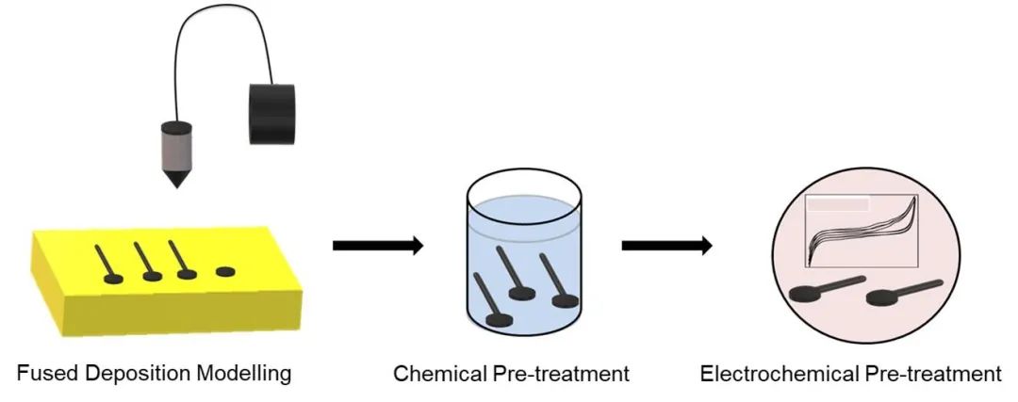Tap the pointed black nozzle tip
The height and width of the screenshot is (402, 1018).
tap(174, 177)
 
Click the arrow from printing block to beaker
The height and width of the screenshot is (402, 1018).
tap(377, 246)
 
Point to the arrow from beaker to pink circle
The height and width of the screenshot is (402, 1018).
tap(665, 246)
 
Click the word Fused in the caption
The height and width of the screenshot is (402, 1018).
tap(42, 373)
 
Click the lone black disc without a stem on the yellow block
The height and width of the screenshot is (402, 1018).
tap(225, 272)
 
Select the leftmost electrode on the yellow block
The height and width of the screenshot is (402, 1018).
tap(106, 264)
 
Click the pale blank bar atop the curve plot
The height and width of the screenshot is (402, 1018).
tap(837, 203)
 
